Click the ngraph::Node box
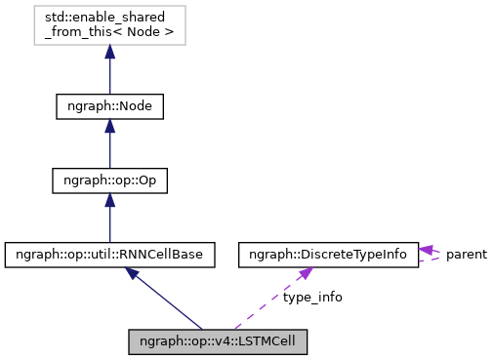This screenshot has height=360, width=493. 109,106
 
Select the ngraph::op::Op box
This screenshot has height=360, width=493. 109,180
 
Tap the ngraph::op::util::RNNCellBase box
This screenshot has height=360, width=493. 109,255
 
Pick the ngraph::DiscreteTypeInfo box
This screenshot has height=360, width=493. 328,255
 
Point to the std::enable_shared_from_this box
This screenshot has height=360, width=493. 109,25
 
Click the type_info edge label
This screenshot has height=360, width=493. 312,297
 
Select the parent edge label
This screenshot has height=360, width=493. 467,255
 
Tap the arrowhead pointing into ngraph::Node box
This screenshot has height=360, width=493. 109,129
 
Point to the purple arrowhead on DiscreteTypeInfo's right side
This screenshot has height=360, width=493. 427,251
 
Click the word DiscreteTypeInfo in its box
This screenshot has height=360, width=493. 360,255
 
